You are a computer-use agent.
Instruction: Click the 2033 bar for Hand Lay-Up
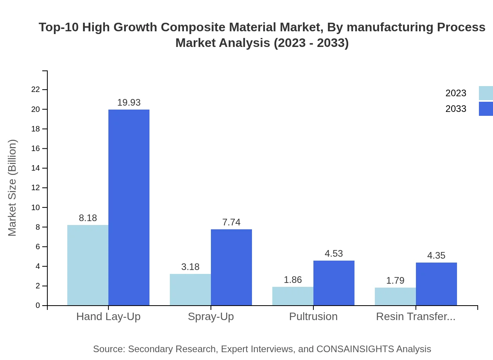click(129, 207)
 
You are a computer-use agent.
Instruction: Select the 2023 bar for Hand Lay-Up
click(88, 265)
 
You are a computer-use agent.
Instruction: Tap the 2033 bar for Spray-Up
click(231, 267)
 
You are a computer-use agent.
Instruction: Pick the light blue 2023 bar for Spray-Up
click(190, 290)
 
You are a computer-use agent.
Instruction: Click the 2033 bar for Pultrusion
click(334, 283)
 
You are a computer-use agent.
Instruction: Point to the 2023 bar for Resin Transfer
click(395, 297)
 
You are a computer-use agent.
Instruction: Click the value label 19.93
click(129, 103)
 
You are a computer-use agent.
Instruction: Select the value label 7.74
click(231, 222)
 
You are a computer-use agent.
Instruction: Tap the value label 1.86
click(293, 280)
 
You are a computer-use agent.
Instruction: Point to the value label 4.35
click(436, 256)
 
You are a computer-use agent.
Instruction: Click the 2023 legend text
click(456, 93)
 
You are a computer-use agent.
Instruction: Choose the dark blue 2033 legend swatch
click(486, 109)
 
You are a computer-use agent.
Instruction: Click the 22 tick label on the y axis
click(36, 90)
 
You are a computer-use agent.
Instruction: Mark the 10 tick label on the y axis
click(36, 207)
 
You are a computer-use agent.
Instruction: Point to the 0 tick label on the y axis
click(38, 305)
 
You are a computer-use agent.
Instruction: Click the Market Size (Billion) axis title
click(13, 188)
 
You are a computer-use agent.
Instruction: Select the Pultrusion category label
click(313, 317)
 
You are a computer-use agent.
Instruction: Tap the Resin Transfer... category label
click(416, 317)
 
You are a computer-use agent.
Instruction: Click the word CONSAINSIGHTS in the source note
click(355, 349)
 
